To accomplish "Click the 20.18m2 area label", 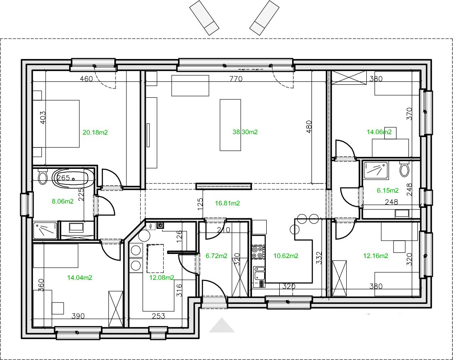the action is pos(95,132).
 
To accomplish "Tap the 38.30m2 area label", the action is pos(245,132).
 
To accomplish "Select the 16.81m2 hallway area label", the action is pos(227,203).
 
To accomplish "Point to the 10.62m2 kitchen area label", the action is pos(286,256).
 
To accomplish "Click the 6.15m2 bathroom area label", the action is pos(388,191).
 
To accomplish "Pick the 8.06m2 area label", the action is pos(63,202).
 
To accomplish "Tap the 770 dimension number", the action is pos(236,79).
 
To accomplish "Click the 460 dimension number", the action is pos(86,79).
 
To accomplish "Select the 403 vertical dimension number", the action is pos(42,118).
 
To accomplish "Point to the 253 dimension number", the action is pos(158,316).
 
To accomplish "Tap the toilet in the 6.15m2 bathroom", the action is pos(404,169).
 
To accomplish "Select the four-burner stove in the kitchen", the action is pos(258,252).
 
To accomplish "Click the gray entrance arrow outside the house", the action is pos(221,325).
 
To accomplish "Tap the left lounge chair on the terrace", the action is pos(204,18).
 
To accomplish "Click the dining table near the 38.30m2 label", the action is pos(230,125).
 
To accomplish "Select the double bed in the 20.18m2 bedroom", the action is pos(56,124).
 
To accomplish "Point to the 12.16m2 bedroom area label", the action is pos(376,256).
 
